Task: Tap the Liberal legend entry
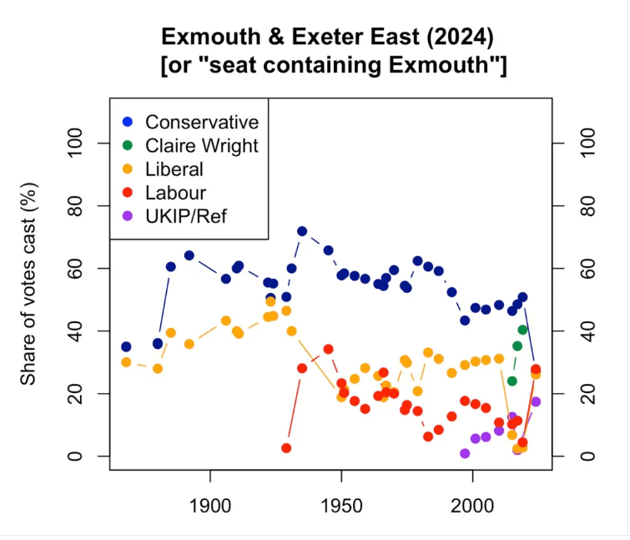pyautogui.click(x=174, y=169)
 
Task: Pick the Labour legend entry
pyautogui.click(x=175, y=193)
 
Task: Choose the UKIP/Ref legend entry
pyautogui.click(x=185, y=216)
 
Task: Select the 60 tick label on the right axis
pyautogui.click(x=591, y=269)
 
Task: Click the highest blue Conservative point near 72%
pyautogui.click(x=302, y=231)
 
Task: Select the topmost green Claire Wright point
pyautogui.click(x=522, y=330)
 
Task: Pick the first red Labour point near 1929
pyautogui.click(x=286, y=448)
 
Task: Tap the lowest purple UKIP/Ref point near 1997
pyautogui.click(x=465, y=453)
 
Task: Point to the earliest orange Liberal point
pyautogui.click(x=126, y=362)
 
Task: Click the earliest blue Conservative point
pyautogui.click(x=126, y=346)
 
